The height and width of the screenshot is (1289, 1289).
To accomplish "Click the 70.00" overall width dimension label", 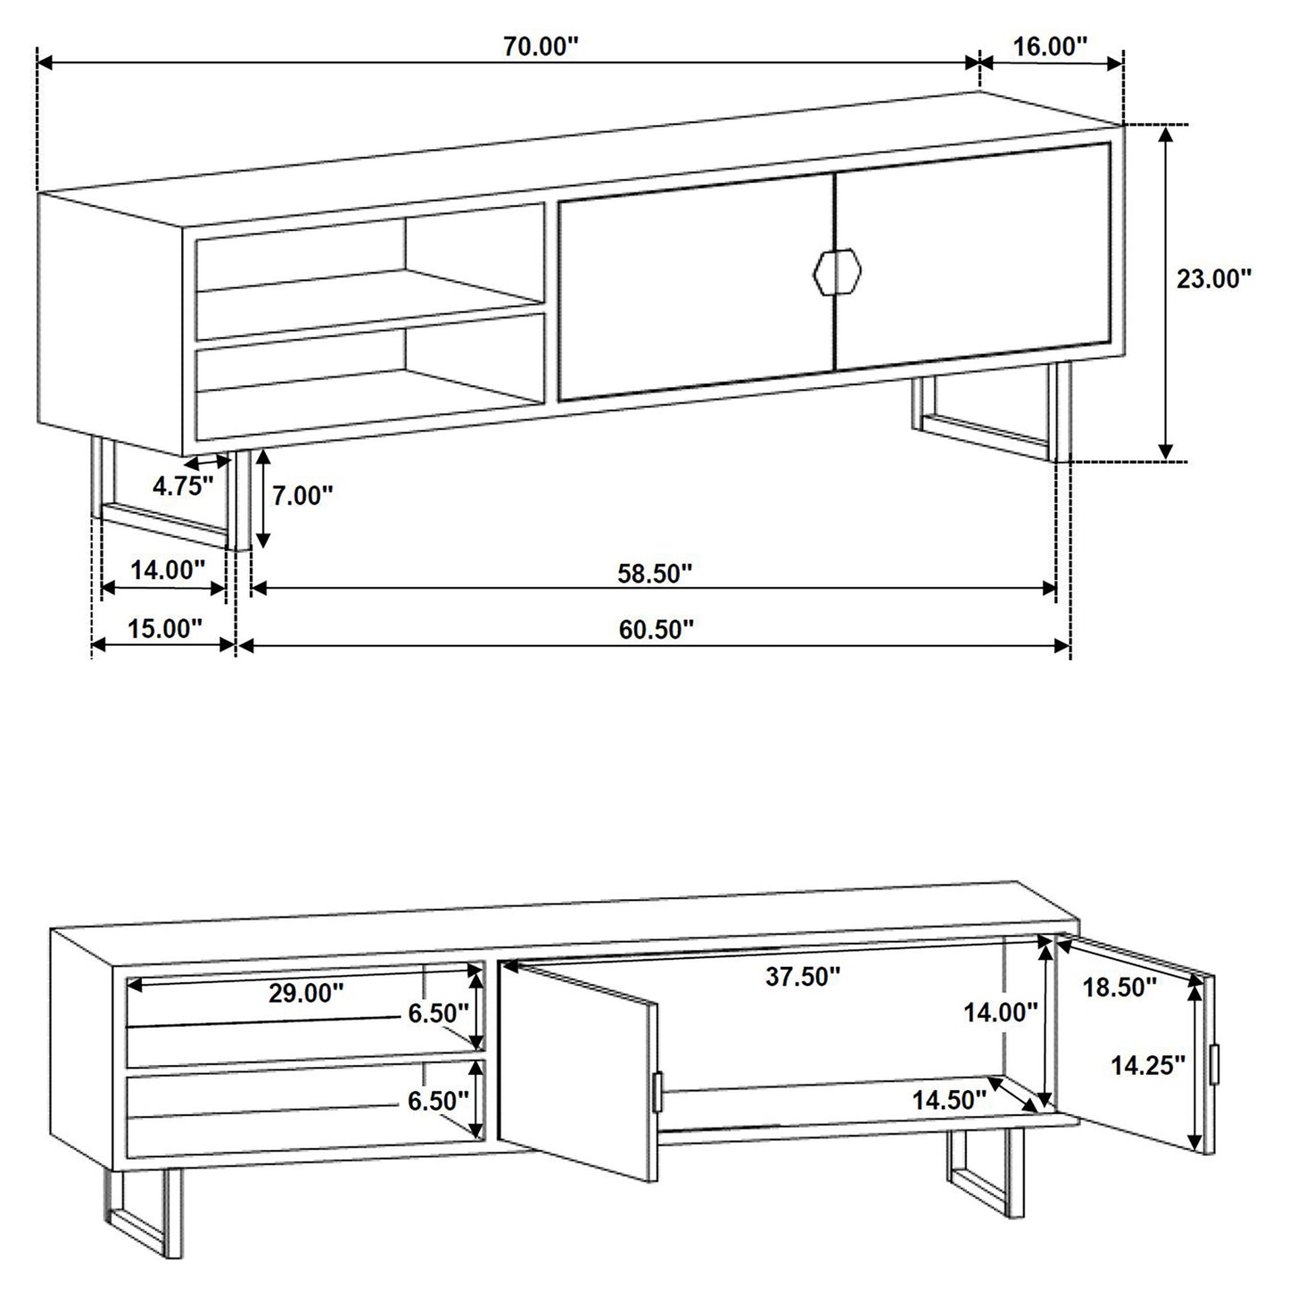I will (x=541, y=46).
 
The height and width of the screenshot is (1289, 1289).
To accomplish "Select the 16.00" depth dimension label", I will (x=1050, y=46).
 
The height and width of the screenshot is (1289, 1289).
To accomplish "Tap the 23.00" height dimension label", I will (x=1213, y=279).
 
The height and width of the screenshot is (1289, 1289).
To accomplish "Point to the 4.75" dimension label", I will (x=183, y=486).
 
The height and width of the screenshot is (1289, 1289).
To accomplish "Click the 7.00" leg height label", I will (x=302, y=496).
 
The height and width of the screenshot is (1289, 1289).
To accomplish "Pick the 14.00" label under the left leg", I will (x=168, y=569).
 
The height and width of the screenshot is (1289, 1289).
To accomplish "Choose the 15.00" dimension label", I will (x=165, y=628).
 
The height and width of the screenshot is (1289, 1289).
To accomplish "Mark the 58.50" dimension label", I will (x=655, y=573).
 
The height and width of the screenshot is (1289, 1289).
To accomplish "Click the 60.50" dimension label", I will (x=656, y=630).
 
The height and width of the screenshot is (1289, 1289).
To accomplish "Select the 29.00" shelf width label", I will (x=306, y=993).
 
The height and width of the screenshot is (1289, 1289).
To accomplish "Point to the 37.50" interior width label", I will (x=803, y=977).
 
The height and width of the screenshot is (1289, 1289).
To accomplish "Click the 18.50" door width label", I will (x=1120, y=987).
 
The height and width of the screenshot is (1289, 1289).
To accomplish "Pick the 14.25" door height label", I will (x=1147, y=1064).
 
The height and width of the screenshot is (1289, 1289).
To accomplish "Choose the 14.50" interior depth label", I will (x=948, y=1100).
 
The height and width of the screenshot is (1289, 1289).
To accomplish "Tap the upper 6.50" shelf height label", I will (x=438, y=1012).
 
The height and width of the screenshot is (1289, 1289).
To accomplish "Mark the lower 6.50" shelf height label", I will (x=438, y=1101).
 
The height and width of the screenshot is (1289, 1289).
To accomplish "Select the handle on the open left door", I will (x=657, y=1091).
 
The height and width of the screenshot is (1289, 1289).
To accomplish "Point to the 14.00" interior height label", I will (x=1000, y=1012).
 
